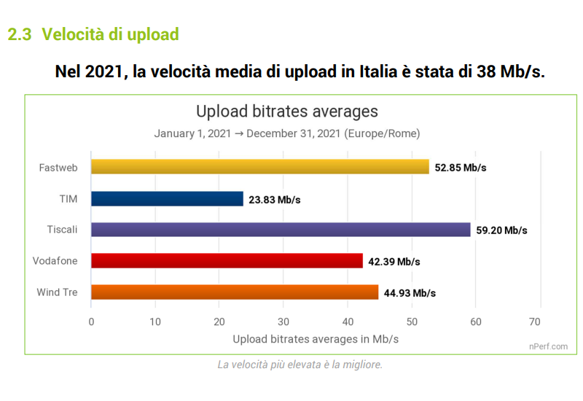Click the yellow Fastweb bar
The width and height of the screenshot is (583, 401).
pos(259,167)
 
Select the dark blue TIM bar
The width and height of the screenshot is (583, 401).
pos(167,198)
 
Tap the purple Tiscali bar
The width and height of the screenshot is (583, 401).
pos(281,230)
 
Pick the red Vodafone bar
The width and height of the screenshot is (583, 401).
pos(227,261)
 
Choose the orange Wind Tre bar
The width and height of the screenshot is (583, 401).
pos(235,292)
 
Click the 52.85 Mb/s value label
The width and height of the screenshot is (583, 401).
pos(461,168)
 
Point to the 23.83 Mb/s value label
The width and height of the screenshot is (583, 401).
pos(275,199)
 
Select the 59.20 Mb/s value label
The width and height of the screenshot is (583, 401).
pos(501,230)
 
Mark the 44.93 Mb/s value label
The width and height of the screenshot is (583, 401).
pos(410,293)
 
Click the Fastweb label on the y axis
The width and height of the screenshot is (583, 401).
pos(58,168)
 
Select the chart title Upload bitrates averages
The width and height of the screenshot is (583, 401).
pos(287,112)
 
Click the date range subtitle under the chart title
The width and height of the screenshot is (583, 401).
pos(287,134)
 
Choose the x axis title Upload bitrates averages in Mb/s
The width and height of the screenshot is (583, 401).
pos(316,339)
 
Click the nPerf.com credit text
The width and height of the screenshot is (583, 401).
pos(548,346)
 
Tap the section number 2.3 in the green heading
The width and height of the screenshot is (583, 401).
pos(20,34)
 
